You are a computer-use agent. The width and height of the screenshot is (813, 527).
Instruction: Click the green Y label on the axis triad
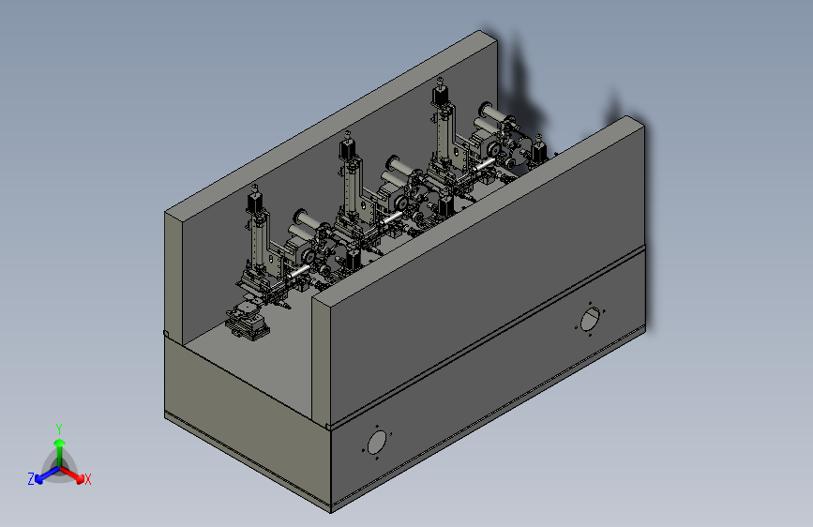point(59,429)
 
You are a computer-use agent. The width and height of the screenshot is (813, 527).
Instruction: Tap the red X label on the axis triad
point(87,479)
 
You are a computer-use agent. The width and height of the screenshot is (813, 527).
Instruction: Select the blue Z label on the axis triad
point(31,479)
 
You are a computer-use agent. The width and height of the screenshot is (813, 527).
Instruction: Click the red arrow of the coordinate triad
point(71,474)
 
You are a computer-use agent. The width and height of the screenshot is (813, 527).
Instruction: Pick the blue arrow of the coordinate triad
point(48,474)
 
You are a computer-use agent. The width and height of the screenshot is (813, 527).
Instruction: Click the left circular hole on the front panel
point(377,443)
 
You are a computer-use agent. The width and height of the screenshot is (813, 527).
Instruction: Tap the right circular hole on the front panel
point(590,319)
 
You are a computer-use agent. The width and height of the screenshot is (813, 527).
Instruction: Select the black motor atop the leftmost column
point(254,201)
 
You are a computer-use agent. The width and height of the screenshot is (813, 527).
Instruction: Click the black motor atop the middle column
point(347,147)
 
